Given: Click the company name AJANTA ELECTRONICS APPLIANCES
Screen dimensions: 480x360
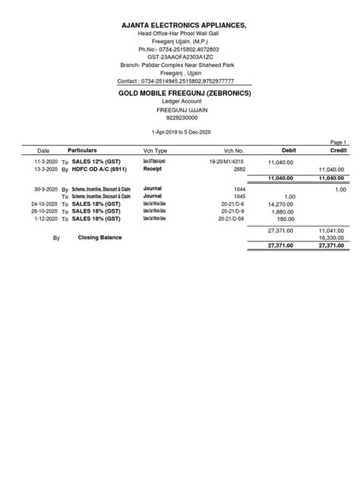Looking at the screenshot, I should coord(179,26).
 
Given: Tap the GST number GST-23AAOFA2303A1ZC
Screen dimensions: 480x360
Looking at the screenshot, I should coord(179,58).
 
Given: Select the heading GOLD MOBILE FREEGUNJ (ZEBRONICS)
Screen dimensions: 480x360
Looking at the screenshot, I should coord(179,93).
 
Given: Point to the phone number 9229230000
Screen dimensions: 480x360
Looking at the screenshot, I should coord(179,118).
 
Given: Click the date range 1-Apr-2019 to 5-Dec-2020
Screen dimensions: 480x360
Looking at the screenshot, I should coord(179,132).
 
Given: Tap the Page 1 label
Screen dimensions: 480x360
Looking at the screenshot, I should coord(338,142).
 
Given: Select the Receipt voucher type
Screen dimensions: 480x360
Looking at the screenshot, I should coord(153,169).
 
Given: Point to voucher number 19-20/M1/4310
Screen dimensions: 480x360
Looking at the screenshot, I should coord(226,163).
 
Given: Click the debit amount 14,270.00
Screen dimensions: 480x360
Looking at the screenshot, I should coord(283,204).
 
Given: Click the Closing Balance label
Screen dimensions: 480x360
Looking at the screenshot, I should coord(99,237).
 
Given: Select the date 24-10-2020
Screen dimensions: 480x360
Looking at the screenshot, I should coord(44,204).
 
